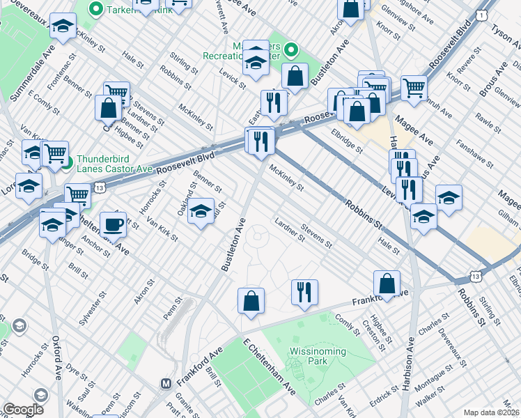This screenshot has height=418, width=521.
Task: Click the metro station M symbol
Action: (x=166, y=383)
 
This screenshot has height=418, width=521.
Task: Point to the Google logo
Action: (x=23, y=410)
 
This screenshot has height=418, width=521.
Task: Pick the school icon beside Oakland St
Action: (x=201, y=211)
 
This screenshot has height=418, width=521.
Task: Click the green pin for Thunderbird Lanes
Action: (x=67, y=164)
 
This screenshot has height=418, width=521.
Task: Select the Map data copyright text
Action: (x=492, y=412)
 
